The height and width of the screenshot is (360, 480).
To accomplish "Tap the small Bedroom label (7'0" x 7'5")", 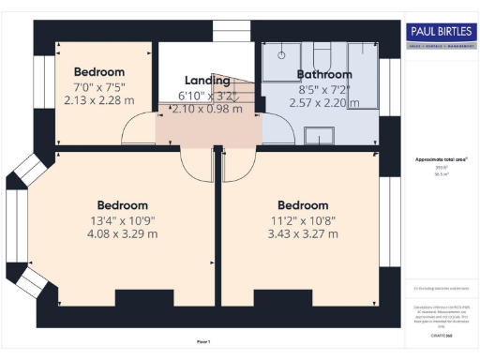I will point(99,71).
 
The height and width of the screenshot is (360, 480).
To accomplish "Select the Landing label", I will point(207,81).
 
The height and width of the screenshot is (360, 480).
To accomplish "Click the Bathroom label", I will point(324,74).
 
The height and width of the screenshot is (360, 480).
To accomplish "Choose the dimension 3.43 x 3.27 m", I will point(302,234).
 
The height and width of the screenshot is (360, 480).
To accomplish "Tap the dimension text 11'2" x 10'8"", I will point(302,220).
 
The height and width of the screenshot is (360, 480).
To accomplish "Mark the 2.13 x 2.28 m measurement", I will point(99,98).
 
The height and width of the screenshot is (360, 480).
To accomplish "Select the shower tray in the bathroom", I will point(361,75).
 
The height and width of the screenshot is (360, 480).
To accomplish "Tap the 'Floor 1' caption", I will point(203,341).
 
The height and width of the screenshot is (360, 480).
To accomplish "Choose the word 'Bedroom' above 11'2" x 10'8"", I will point(302,205).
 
